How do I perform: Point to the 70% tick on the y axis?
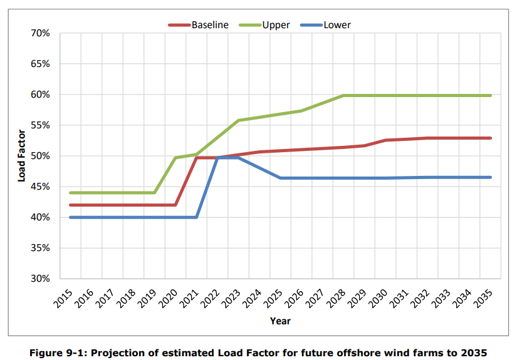39,33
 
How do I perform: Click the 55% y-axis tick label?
39,125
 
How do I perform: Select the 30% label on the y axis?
39,279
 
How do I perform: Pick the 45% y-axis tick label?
39,187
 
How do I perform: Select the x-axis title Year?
280,321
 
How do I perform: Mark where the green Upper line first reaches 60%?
344,95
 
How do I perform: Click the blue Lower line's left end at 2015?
70,217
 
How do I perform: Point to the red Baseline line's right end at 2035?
491,138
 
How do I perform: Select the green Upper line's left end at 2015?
70,193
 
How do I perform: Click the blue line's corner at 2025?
280,178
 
